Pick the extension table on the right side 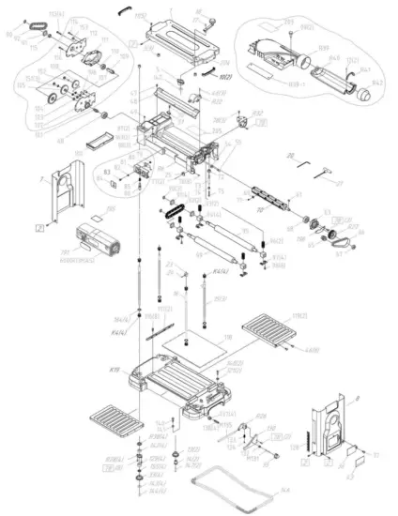268,333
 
